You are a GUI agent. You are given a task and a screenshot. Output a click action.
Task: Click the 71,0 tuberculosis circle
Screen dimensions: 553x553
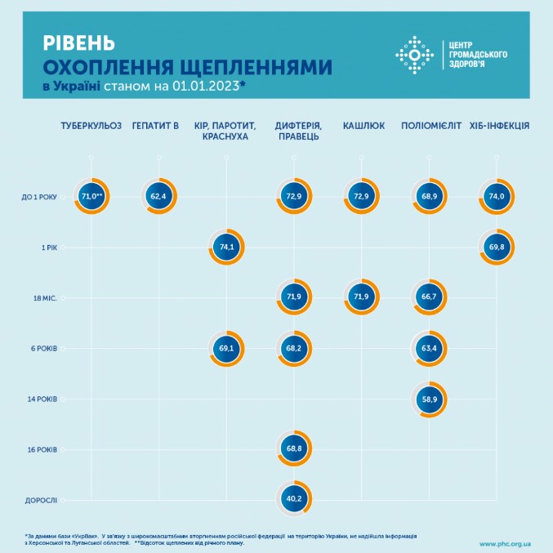click(91, 196)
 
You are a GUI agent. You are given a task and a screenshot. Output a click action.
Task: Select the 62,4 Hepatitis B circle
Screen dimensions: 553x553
click(158, 196)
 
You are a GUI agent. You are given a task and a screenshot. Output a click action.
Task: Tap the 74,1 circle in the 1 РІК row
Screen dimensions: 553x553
click(226, 246)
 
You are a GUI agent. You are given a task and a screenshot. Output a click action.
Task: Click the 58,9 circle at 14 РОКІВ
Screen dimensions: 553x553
click(429, 399)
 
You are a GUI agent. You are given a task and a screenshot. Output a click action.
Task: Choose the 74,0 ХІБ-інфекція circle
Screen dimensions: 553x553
click(496, 196)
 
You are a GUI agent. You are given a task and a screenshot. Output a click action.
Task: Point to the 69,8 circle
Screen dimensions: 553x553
click(496, 246)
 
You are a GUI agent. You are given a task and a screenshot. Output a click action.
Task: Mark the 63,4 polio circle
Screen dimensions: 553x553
click(429, 350)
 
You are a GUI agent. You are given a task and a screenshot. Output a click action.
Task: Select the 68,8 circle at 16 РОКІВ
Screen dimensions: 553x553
click(294, 448)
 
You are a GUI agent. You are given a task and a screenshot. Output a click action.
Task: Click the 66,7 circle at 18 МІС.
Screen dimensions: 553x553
click(429, 298)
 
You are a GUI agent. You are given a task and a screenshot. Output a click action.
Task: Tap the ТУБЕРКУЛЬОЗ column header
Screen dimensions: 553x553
click(91, 126)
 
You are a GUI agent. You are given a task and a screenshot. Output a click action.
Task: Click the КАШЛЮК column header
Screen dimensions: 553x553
click(361, 126)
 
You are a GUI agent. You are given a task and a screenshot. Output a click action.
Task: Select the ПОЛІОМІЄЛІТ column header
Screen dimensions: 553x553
click(431, 126)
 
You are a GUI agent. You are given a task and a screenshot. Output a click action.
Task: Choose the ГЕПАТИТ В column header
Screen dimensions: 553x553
click(155, 126)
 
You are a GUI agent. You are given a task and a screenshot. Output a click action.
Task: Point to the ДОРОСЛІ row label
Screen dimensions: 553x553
click(42, 500)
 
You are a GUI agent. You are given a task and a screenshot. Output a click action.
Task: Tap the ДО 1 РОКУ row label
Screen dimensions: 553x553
click(41, 196)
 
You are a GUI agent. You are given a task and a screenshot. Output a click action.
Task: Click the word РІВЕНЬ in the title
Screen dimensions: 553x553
click(78, 42)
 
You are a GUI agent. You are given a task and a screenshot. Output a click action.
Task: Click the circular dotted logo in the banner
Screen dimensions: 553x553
click(413, 55)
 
